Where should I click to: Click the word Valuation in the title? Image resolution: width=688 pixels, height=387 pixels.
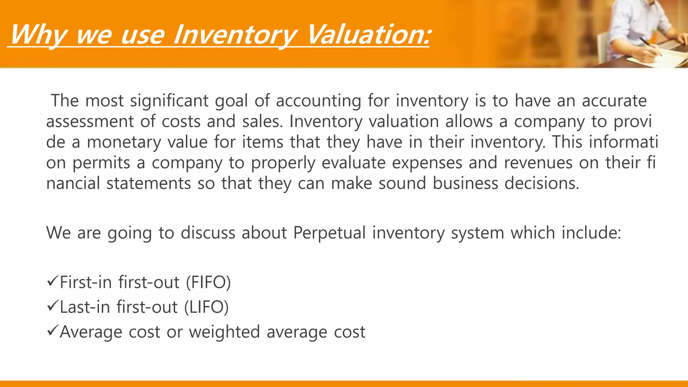click(x=368, y=35)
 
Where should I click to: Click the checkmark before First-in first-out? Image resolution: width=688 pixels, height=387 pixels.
click(x=53, y=281)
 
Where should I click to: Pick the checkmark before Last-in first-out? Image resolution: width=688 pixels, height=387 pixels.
click(x=53, y=306)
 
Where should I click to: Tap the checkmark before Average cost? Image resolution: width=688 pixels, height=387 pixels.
click(x=53, y=331)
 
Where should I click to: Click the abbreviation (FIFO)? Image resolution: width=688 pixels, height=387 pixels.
click(x=208, y=282)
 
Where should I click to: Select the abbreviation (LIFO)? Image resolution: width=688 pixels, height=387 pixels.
click(x=206, y=307)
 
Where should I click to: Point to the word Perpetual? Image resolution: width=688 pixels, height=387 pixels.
click(x=329, y=233)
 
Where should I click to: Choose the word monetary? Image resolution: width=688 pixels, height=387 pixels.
click(x=124, y=142)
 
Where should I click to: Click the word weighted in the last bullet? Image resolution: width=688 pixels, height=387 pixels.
click(x=224, y=332)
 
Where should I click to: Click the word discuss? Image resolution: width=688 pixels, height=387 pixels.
click(x=208, y=233)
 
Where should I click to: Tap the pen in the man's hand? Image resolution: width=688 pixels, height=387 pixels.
click(x=650, y=47)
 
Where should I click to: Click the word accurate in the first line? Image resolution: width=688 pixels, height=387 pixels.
click(x=614, y=101)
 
